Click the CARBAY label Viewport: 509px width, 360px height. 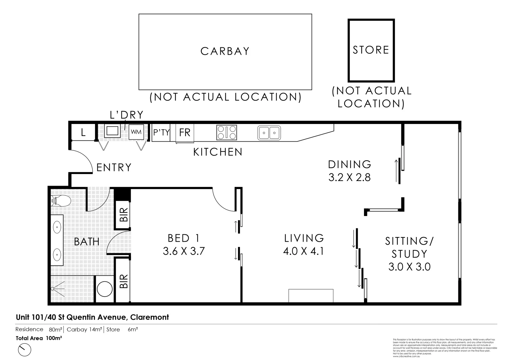pos(225,51)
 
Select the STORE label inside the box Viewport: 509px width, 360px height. pos(371,50)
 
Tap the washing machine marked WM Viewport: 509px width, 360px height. pos(136,132)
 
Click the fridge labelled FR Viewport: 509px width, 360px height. pos(185,132)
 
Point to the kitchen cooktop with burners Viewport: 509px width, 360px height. pos(227,132)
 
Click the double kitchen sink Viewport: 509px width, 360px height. pos(269,133)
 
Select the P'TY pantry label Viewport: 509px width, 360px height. pos(161,132)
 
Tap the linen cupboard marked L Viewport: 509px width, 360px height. pos(83,133)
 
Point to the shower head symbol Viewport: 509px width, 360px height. pos(53,289)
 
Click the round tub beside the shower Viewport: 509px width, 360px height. pos(104,289)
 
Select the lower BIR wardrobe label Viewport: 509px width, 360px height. pos(123,281)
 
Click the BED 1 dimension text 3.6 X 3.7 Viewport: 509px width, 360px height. pos(184,251)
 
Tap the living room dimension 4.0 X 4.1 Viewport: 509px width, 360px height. pos(304,251)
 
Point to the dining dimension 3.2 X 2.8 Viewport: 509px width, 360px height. pos(349,177)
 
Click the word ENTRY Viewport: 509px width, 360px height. pos(114,167)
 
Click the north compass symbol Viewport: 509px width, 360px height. pos(24,350)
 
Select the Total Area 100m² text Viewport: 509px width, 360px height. pos(39,338)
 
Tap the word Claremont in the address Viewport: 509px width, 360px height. pos(149,317)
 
